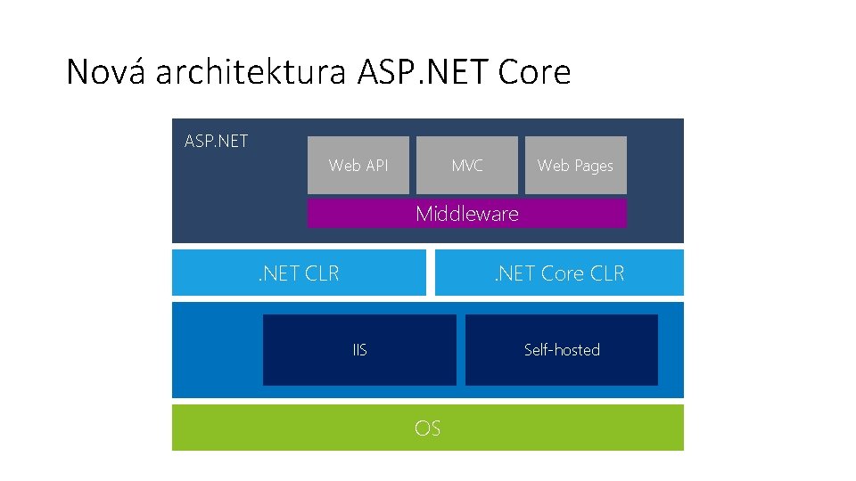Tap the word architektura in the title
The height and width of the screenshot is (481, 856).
250,72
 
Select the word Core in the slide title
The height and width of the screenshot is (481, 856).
534,72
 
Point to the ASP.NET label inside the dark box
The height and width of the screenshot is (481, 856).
216,141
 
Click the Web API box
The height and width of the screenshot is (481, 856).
358,165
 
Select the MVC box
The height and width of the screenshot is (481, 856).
467,165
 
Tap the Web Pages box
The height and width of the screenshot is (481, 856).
575,165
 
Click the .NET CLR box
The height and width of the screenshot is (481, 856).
299,273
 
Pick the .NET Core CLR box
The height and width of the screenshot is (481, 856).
559,273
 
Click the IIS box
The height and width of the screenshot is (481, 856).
359,350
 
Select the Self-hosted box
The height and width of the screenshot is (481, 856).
562,350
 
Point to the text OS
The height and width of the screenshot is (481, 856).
427,428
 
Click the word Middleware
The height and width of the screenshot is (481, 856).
467,214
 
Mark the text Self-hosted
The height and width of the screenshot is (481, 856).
562,350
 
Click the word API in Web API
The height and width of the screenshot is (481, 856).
377,166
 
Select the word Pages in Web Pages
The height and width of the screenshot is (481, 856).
593,166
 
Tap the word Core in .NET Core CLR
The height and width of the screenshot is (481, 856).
562,273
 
